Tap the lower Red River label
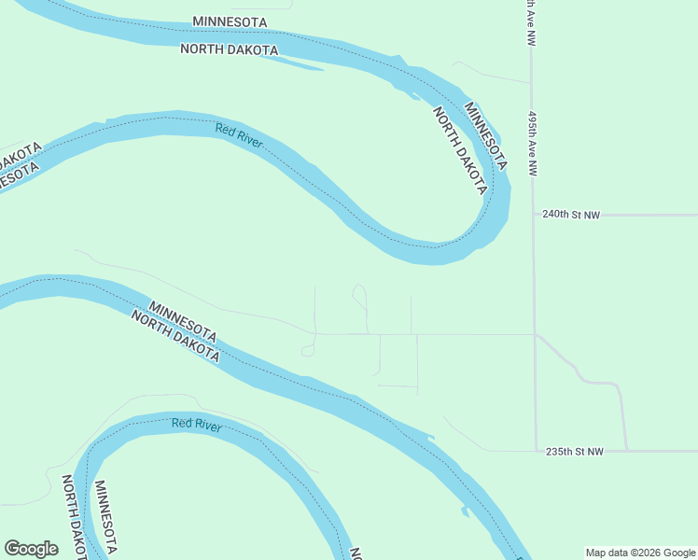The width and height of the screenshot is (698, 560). pos(196,425)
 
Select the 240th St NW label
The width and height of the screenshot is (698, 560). pos(571,215)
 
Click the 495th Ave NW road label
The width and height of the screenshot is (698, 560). pos(533,139)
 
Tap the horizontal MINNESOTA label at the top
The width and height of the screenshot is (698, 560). pos(230,21)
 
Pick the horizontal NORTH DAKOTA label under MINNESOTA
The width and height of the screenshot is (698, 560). pos(229,49)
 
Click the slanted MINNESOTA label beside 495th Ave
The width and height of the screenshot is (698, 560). pos(486,135)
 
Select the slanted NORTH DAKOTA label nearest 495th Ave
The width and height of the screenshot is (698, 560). pos(460,150)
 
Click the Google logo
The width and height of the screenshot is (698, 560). pos(31,549)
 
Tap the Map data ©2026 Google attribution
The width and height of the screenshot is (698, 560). pos(639,553)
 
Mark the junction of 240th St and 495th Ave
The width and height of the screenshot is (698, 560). pos(533,215)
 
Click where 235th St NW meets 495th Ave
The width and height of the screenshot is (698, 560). pos(536,451)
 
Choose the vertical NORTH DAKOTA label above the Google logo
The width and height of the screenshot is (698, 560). pos(74,515)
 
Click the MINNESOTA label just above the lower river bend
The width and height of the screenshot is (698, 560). pos(183,321)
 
